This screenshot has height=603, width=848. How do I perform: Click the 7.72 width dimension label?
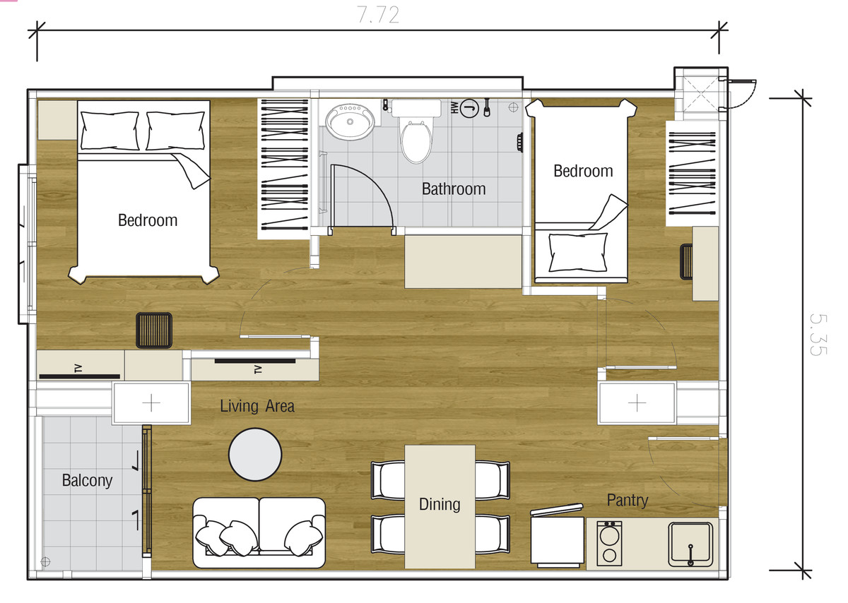click(x=378, y=15)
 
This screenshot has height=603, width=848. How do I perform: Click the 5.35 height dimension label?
click(x=818, y=335)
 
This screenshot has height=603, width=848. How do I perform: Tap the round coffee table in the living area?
click(x=255, y=454)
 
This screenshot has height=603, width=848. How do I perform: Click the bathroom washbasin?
click(x=351, y=119)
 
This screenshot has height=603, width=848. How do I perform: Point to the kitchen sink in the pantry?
click(x=690, y=544)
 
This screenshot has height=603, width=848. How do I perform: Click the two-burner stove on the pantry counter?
click(x=609, y=543)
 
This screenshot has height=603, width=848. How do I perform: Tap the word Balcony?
click(x=87, y=480)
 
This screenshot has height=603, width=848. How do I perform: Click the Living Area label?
click(x=257, y=406)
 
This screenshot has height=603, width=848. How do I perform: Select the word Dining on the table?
click(x=440, y=504)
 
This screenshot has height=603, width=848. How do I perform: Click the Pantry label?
click(x=628, y=500)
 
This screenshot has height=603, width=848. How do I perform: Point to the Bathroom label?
click(x=454, y=189)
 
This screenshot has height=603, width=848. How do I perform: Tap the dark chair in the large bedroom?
click(x=154, y=330)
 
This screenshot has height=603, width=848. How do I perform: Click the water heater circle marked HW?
click(x=469, y=108)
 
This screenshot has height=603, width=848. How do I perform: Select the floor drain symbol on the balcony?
click(x=45, y=561)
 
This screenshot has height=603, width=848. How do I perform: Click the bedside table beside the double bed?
click(x=57, y=120)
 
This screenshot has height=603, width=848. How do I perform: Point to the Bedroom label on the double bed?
click(x=148, y=220)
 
